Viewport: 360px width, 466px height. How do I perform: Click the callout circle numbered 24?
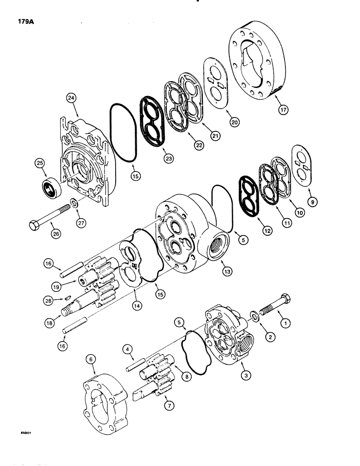(x=71, y=98)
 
